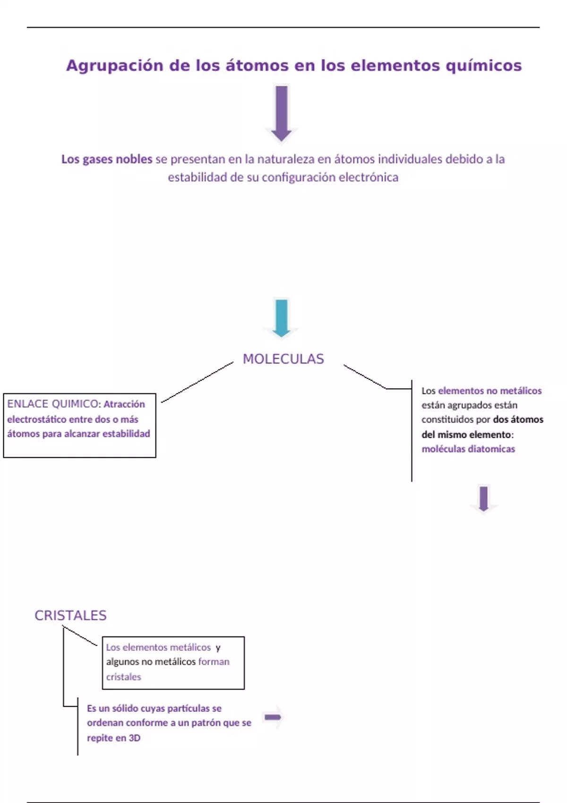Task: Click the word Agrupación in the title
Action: point(114,66)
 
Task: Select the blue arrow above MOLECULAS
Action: point(282,317)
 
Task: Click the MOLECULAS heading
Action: point(283,359)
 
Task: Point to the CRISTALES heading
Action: point(70,615)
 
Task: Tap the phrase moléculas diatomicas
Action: point(468,449)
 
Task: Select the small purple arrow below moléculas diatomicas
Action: point(483,499)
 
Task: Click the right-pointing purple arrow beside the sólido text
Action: point(273,718)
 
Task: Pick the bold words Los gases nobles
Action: point(107,159)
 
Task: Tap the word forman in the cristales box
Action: point(214,662)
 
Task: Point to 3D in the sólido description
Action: point(134,738)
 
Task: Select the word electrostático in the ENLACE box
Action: point(37,419)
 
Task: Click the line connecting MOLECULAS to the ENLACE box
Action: point(198,382)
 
